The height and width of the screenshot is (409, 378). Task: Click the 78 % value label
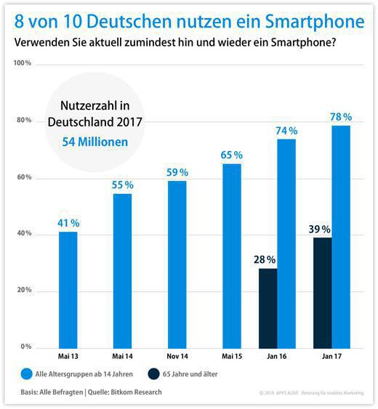pyautogui.click(x=341, y=117)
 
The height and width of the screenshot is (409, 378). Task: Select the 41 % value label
pyautogui.click(x=68, y=222)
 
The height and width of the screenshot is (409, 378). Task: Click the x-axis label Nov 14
pyautogui.click(x=177, y=357)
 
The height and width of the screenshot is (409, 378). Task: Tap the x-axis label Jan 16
pyautogui.click(x=277, y=357)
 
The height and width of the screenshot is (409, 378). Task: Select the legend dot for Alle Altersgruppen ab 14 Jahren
pyautogui.click(x=28, y=375)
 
